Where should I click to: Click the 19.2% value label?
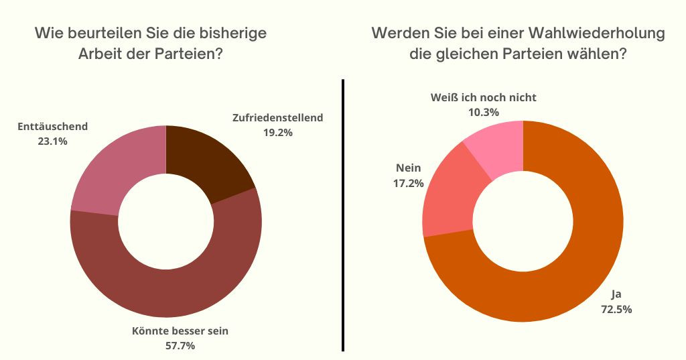[277, 132]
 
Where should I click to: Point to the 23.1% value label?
[53, 141]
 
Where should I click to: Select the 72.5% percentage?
[616, 309]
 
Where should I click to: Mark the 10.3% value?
[483, 112]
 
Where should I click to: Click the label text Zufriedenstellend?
[277, 118]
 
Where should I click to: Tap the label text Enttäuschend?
[53, 126]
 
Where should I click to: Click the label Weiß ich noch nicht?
[483, 98]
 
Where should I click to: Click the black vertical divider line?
[343, 215]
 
